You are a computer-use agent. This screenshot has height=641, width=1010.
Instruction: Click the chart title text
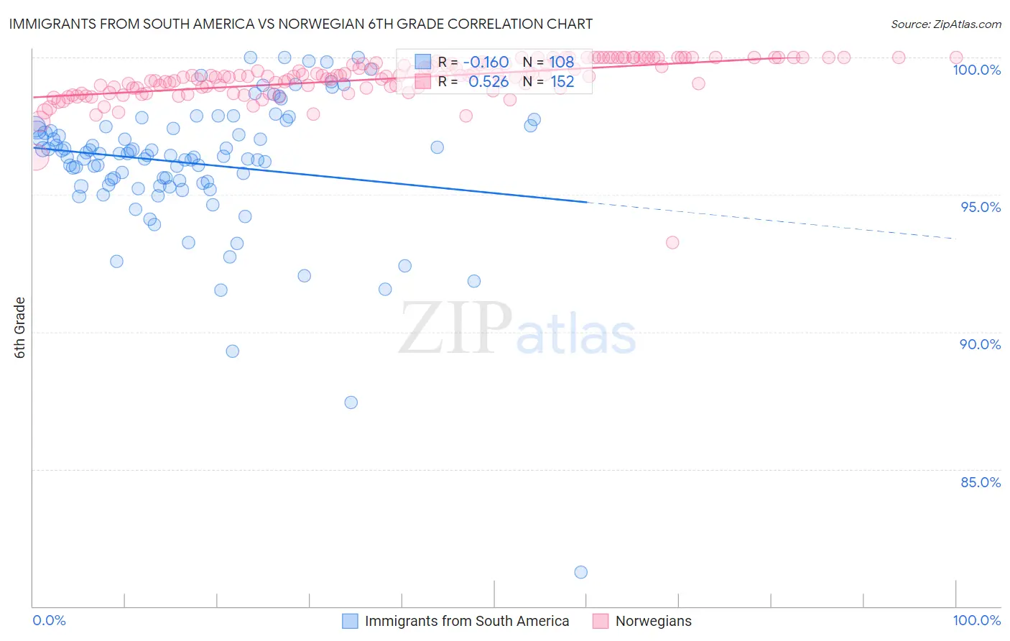[x=301, y=24]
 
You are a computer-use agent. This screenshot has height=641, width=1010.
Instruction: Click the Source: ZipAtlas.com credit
[x=945, y=24]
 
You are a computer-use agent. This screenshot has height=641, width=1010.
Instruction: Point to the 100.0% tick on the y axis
[x=976, y=70]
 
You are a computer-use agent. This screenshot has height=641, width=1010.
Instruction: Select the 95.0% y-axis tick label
[x=980, y=207]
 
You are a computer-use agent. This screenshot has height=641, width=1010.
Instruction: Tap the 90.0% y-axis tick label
[x=980, y=344]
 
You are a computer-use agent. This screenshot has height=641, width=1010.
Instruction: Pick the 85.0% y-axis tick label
[x=980, y=482]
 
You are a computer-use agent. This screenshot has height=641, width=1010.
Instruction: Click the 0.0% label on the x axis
[x=50, y=620]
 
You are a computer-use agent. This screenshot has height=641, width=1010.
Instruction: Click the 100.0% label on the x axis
[x=976, y=620]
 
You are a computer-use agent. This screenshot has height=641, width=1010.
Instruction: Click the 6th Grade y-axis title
[x=20, y=327]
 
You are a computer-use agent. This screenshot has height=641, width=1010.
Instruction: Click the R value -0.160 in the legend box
[x=486, y=62]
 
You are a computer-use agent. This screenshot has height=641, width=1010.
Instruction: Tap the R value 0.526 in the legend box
[x=488, y=82]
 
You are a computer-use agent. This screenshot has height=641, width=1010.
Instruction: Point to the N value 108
[x=562, y=62]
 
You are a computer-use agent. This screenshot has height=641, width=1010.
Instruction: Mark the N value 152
[x=562, y=82]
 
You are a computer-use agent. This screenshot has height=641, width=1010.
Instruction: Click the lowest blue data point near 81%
[x=581, y=572]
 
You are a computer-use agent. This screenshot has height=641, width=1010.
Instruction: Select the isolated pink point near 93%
[x=672, y=242]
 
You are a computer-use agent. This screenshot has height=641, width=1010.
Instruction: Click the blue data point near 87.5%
[x=351, y=402]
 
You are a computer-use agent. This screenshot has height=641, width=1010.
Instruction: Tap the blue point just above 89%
[x=232, y=351]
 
